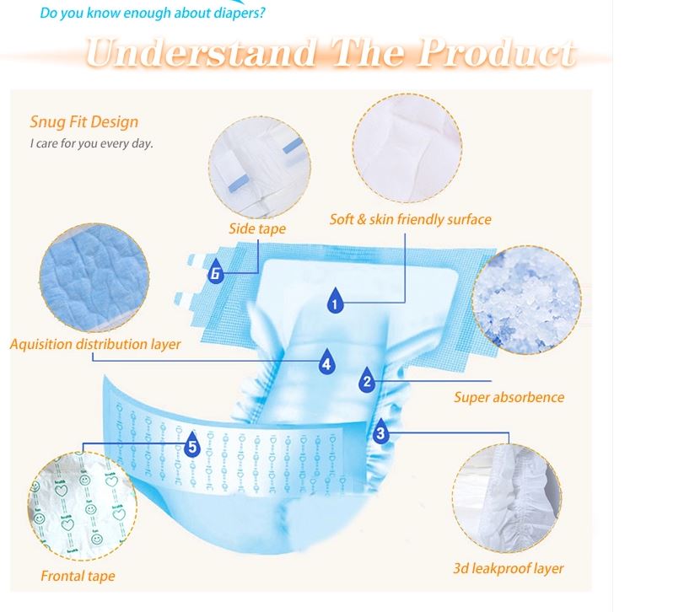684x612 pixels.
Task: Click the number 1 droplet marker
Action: coord(335,301)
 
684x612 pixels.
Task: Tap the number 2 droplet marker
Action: coord(367,380)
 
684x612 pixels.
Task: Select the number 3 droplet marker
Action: coord(381,432)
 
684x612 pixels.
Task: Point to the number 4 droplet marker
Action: coord(326,362)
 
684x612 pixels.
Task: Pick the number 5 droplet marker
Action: coord(192,444)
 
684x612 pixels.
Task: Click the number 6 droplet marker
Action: coord(215,271)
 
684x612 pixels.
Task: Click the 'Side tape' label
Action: coord(257,228)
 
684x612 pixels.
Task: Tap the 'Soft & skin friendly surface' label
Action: coord(410,219)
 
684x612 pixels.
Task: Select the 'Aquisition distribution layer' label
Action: coord(95,345)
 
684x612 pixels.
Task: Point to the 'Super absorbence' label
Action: coord(509,397)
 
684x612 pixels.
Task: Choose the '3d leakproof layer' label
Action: coord(509,568)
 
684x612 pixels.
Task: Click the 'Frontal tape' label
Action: coord(78,576)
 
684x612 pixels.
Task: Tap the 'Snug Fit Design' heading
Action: coord(84,121)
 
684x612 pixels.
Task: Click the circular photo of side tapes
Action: coord(260,168)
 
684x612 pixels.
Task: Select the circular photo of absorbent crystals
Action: coord(526,299)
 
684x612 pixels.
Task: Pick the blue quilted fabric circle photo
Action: coord(94,277)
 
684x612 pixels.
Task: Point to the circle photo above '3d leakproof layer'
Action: coord(507,498)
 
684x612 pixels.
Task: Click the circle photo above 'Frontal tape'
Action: coord(83,506)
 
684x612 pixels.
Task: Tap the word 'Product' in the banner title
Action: coord(497,52)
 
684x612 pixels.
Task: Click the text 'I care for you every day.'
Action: coord(92,143)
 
